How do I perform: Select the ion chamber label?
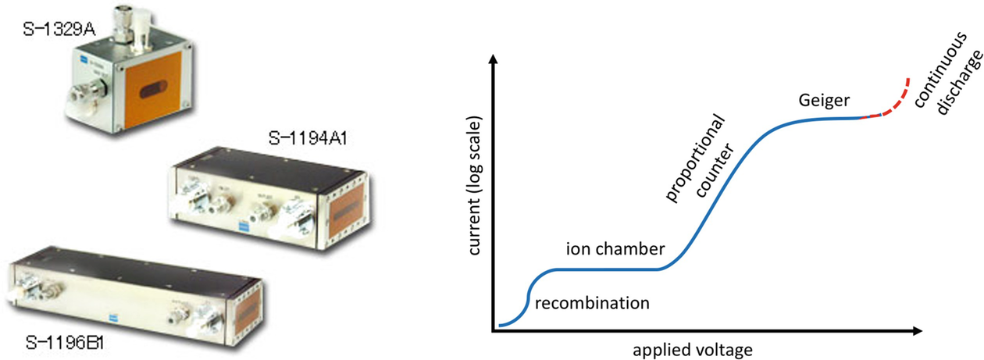615,249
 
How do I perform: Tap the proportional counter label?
697,156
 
